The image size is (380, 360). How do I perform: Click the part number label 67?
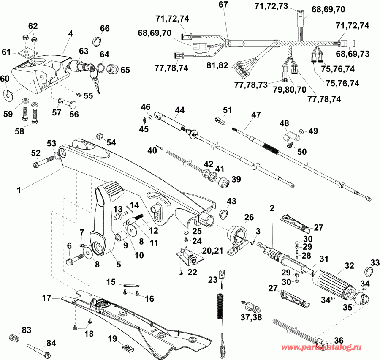tap(223, 5)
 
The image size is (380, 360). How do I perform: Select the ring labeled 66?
tap(97, 41)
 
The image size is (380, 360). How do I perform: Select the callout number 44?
tap(180, 110)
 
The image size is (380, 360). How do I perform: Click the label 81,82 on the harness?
tap(218, 65)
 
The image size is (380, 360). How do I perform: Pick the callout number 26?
tap(249, 218)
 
